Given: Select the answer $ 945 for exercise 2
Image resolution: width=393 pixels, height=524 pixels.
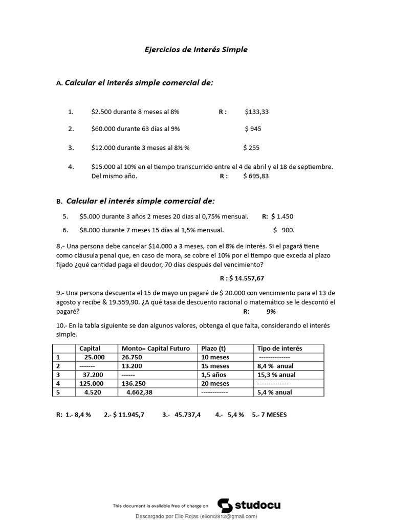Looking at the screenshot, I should point(253,129).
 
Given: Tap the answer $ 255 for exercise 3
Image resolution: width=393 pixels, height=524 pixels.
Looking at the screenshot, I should point(251,148).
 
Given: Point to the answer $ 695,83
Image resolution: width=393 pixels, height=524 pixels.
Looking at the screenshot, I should point(256,176).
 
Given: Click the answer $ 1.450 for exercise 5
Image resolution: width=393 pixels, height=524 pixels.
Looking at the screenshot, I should point(282,216).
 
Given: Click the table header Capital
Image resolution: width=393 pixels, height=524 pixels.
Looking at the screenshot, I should point(90,348).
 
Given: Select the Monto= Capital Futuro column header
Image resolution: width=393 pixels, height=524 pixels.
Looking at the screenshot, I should point(156,348).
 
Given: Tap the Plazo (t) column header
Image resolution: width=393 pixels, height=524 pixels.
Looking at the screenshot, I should point(213,348).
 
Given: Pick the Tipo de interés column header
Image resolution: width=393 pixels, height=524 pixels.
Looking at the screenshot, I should point(279,348).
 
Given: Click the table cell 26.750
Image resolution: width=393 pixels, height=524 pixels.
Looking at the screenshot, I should point(132,357).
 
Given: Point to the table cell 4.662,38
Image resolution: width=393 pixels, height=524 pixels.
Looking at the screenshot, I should point(139,392).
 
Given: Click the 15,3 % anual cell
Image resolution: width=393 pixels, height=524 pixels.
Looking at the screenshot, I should point(276,375).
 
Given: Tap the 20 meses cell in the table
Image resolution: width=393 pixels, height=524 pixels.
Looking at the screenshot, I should point(215,383).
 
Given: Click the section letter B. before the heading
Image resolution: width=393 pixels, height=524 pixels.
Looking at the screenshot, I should point(59,202).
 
